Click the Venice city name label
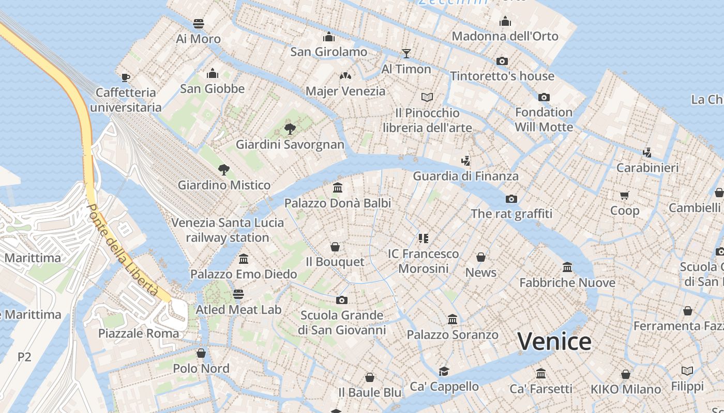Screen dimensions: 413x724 tap(554, 342)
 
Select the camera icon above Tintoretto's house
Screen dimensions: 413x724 tap(502, 61)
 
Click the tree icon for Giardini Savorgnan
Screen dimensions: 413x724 tap(290, 129)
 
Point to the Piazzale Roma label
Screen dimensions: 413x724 tap(139, 333)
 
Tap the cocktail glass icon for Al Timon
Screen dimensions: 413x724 tap(406, 53)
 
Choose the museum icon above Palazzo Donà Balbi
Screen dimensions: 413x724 tap(338, 187)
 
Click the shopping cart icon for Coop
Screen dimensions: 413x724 tap(625, 195)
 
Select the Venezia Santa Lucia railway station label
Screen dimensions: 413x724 tap(228, 230)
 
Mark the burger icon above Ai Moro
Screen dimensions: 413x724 tap(199, 23)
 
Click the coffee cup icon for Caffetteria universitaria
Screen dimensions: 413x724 tap(125, 77)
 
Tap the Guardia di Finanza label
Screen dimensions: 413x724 tap(465, 176)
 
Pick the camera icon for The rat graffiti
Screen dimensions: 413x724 tap(511, 199)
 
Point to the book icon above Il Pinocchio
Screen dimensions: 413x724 tap(427, 97)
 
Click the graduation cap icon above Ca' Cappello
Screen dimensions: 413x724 tap(444, 371)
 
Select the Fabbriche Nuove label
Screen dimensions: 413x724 tap(567, 282)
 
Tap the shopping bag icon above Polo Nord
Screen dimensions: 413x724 tap(201, 353)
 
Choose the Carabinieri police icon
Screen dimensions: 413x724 tap(647, 152)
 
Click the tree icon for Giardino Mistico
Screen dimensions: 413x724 tap(224, 169)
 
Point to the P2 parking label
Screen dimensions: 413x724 tap(24, 357)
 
